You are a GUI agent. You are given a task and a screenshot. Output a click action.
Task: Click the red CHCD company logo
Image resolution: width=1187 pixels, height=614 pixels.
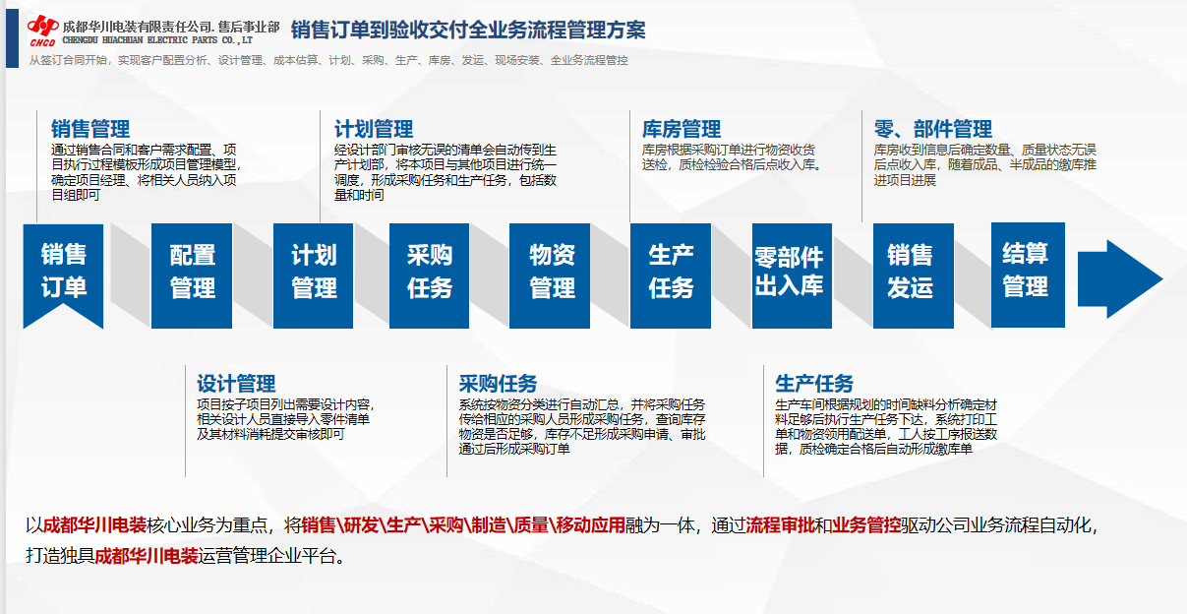43,31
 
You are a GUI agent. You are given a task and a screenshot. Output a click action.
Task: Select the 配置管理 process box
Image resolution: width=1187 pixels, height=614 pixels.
192,276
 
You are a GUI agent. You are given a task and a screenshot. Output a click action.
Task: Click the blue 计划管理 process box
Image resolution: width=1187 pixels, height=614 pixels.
313,276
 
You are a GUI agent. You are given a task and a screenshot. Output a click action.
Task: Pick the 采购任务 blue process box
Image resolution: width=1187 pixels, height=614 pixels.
429,276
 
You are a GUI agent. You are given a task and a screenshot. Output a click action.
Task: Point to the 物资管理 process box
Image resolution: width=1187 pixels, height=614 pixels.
550,276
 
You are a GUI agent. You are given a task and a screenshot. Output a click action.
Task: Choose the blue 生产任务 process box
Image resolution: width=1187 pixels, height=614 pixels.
671,276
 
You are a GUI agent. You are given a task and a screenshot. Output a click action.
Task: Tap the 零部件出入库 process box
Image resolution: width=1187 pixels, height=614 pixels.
792,276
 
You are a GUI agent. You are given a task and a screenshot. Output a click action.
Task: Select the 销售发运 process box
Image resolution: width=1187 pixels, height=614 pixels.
914,276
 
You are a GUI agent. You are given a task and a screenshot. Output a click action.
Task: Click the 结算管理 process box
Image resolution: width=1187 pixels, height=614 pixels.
1028,275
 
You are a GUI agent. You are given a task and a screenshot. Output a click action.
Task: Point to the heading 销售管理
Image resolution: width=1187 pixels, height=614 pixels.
90,129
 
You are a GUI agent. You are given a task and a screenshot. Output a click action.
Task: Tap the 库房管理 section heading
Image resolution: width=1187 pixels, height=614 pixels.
682,129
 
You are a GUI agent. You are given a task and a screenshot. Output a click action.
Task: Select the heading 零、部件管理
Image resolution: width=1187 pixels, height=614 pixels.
932,129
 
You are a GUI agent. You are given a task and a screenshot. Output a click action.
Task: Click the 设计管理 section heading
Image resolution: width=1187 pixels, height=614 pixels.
236,384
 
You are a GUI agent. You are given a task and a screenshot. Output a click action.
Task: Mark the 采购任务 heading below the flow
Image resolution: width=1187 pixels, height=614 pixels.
499,384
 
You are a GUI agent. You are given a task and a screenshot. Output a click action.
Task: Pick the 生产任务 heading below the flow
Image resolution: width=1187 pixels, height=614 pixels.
814,384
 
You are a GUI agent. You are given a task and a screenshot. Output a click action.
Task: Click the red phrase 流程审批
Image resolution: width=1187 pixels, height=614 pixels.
780,524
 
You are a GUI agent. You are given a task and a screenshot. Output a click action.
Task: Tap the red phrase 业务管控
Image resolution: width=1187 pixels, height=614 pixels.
866,524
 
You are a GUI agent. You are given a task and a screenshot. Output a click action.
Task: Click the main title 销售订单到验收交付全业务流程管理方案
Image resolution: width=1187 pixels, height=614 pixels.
468,30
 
